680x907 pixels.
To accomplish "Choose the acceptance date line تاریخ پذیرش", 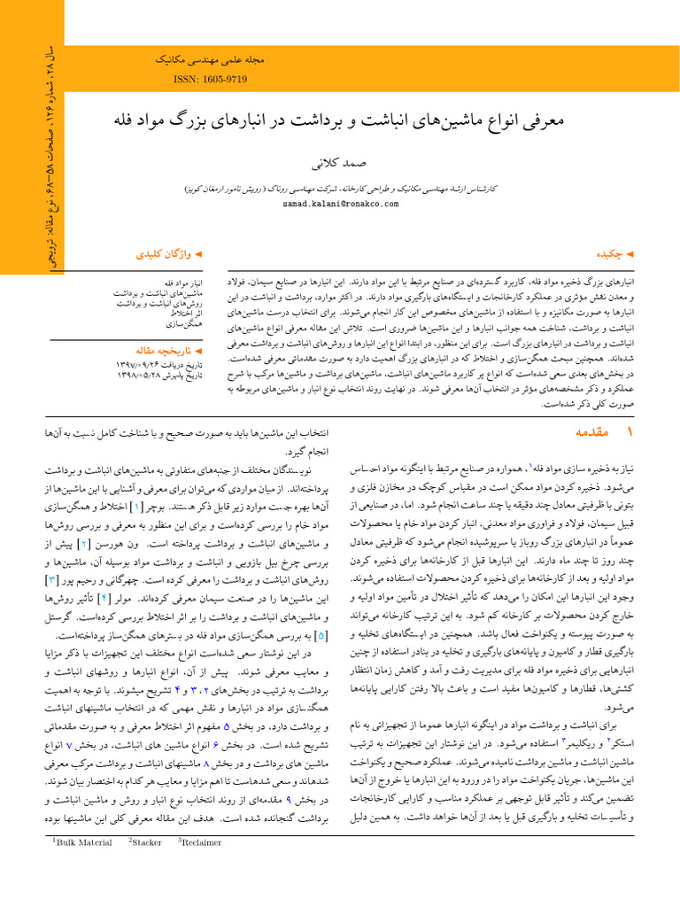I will coord(159,376).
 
